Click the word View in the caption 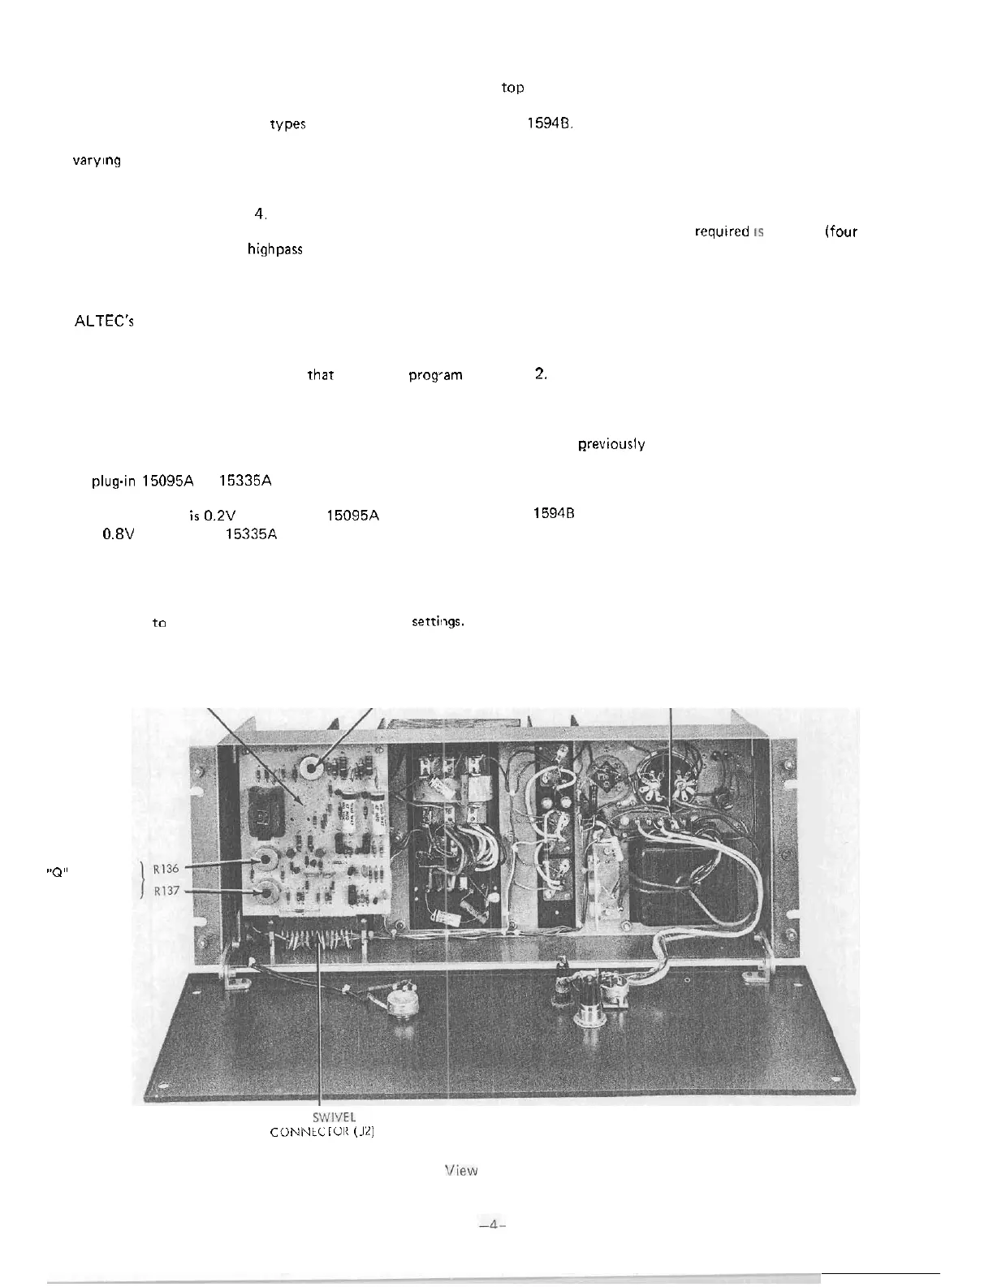[x=461, y=1170]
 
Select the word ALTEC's [x=104, y=321]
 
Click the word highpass [x=275, y=249]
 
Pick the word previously [x=611, y=444]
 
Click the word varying [x=97, y=161]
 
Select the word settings [x=438, y=622]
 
